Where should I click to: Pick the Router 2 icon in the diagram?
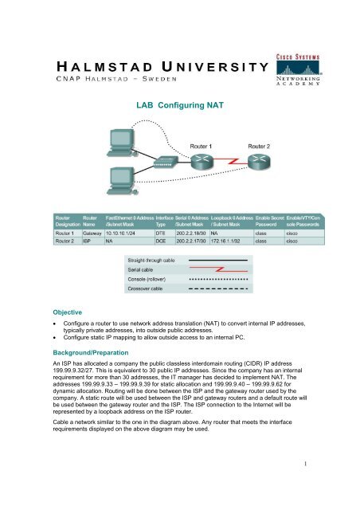260,163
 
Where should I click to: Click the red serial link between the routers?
231,162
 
